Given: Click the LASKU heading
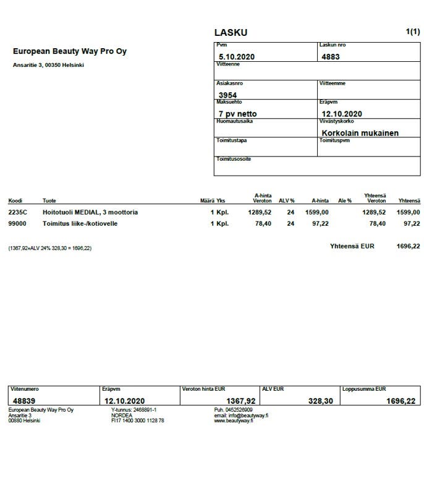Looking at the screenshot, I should pyautogui.click(x=231, y=33).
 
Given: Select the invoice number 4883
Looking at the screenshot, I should pyautogui.click(x=331, y=57).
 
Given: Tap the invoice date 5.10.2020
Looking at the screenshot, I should pyautogui.click(x=237, y=57).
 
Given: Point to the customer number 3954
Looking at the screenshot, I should pyautogui.click(x=228, y=95).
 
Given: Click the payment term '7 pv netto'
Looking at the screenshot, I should pyautogui.click(x=237, y=114).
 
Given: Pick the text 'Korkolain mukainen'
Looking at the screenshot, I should pyautogui.click(x=360, y=133).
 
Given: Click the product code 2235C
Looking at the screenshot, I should pyautogui.click(x=17, y=212).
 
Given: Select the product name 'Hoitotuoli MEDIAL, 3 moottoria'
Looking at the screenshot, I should pyautogui.click(x=90, y=212).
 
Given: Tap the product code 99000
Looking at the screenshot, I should pyautogui.click(x=17, y=223).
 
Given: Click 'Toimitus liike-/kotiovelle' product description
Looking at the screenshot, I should pyautogui.click(x=80, y=223).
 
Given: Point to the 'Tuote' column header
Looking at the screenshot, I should pyautogui.click(x=49, y=201).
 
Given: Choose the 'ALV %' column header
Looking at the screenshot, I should pyautogui.click(x=286, y=201).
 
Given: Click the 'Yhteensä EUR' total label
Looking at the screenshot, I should pyautogui.click(x=352, y=245).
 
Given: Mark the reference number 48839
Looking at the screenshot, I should pyautogui.click(x=25, y=401).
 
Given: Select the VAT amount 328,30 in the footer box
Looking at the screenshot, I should pyautogui.click(x=320, y=401).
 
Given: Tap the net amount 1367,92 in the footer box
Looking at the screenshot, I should pyautogui.click(x=242, y=401).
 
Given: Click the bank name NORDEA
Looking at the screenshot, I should pyautogui.click(x=122, y=416).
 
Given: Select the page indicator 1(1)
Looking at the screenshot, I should pyautogui.click(x=413, y=32).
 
